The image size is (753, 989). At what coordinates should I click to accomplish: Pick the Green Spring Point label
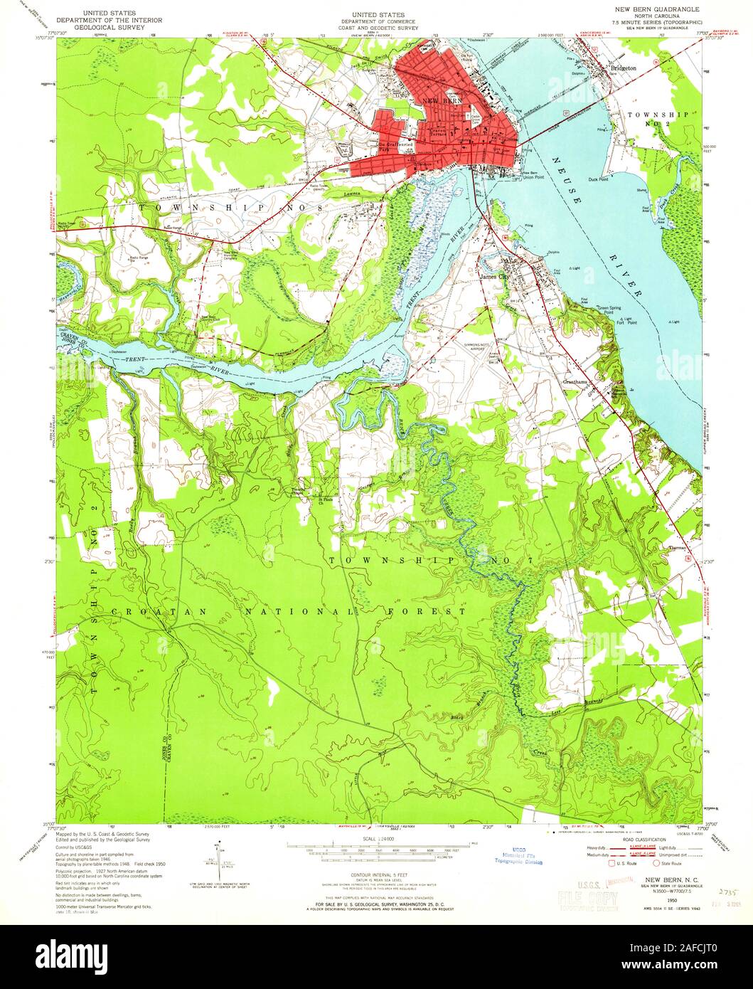(x=618, y=310)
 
